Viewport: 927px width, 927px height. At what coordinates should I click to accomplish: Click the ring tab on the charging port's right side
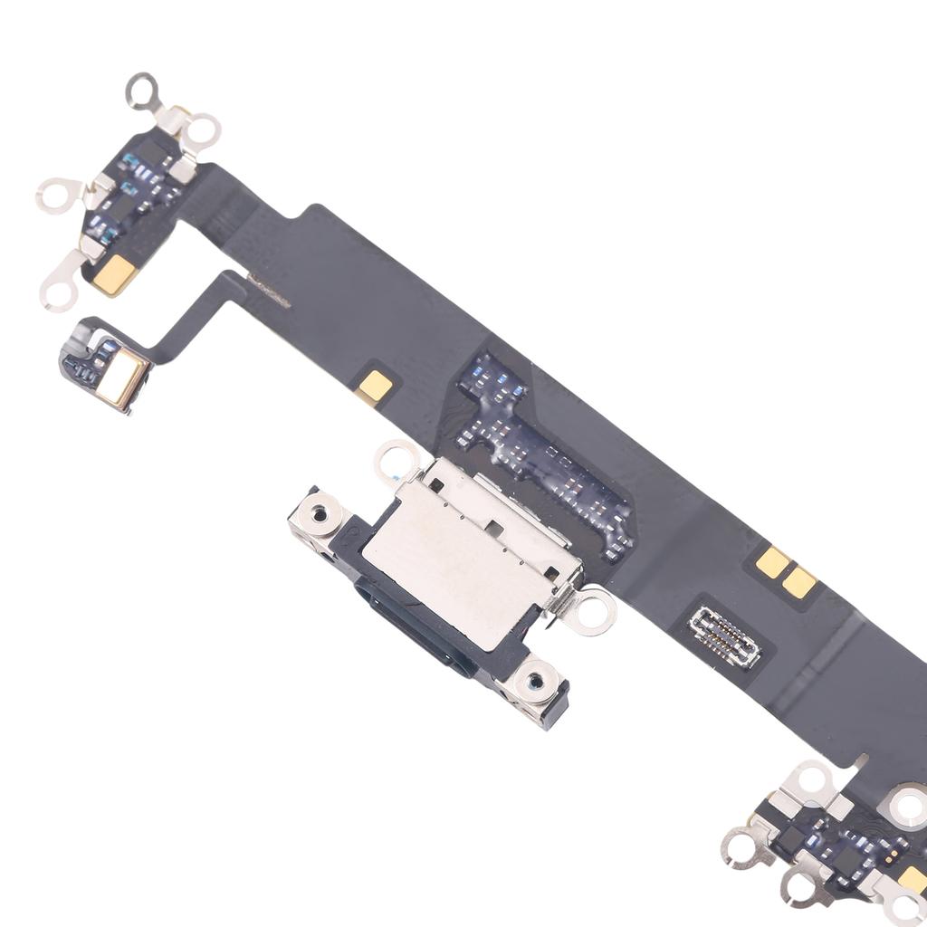[x=594, y=609]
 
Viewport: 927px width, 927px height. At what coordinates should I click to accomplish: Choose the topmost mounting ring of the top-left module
[x=141, y=91]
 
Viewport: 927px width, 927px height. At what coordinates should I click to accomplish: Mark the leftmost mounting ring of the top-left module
[x=53, y=196]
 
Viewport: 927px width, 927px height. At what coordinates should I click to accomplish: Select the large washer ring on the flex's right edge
[x=907, y=805]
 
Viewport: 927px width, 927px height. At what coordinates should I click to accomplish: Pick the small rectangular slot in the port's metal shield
[x=493, y=526]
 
